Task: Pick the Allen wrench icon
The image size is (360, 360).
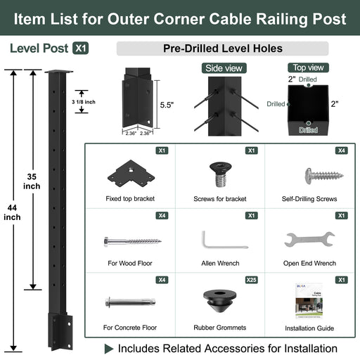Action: tap(224, 240)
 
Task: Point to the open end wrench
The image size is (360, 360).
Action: tap(309, 240)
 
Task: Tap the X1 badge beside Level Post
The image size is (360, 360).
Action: tap(82, 49)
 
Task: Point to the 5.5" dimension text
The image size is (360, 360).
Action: tap(166, 105)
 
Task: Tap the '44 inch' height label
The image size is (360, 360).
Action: tap(12, 210)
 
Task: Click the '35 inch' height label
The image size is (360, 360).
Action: tap(32, 181)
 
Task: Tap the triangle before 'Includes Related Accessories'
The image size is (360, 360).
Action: tap(109, 348)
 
